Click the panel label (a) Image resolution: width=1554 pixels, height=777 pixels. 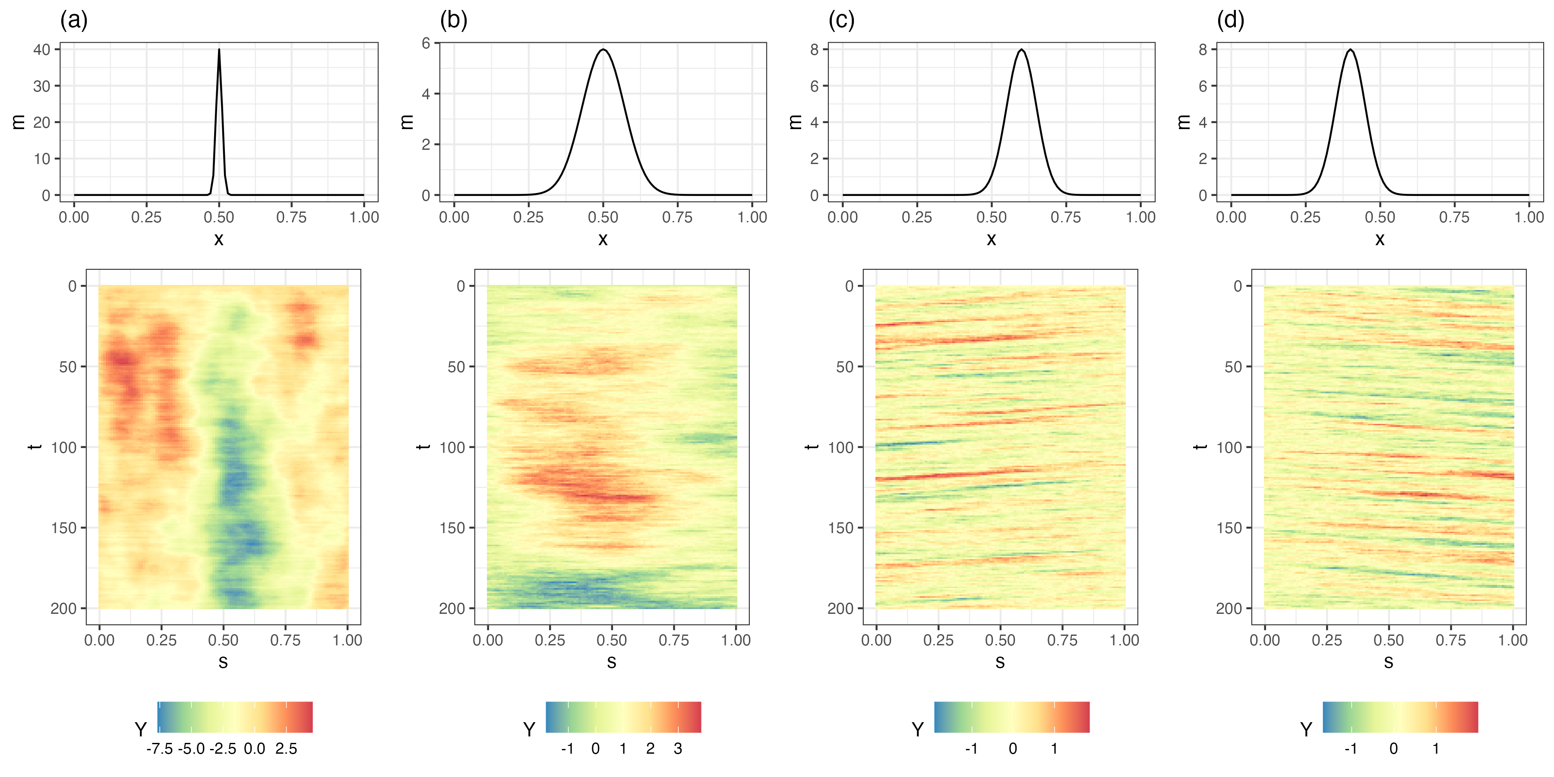point(73,21)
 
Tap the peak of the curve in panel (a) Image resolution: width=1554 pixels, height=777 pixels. point(219,50)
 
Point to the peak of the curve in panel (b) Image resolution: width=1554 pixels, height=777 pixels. point(603,50)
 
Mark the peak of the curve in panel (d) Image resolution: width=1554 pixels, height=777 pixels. point(1350,50)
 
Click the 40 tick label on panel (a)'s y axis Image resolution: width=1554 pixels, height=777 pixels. point(41,50)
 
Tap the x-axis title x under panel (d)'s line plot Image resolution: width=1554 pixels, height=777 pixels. point(1380,240)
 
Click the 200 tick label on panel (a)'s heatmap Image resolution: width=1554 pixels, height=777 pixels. point(63,608)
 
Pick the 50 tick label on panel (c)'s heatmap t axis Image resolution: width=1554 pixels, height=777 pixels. point(845,367)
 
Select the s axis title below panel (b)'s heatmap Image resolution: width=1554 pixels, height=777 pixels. point(612,662)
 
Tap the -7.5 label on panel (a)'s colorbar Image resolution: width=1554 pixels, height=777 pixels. point(159,749)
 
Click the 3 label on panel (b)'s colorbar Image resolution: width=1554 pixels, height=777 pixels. point(678,749)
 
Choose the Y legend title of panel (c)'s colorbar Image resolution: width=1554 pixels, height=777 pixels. point(918,730)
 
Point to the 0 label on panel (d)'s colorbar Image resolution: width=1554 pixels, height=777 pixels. point(1393,749)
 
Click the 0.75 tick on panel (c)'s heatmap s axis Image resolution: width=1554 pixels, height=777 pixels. point(1062,640)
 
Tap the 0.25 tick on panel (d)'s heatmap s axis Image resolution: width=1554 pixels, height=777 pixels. point(1327,640)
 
